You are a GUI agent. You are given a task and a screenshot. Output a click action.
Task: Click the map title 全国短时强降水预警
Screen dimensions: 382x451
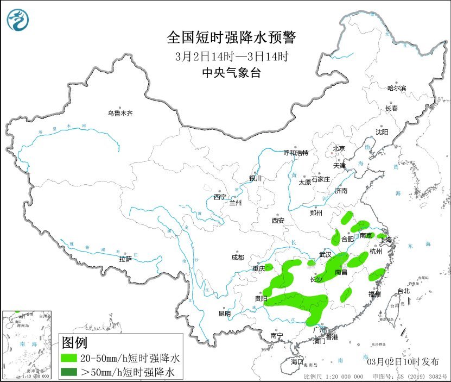(x=232, y=37)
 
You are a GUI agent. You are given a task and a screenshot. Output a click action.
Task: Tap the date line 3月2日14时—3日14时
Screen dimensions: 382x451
(x=232, y=56)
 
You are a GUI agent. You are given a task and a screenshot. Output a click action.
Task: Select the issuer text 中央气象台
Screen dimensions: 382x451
(x=232, y=73)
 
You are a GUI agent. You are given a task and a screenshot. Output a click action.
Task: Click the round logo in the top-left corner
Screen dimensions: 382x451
(x=18, y=20)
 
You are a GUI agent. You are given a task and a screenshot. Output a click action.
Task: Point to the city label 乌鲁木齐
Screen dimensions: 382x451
(x=119, y=114)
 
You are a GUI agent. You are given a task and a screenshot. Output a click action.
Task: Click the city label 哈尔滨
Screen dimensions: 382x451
(x=397, y=88)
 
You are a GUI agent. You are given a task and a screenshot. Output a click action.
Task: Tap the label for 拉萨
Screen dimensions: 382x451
(x=125, y=259)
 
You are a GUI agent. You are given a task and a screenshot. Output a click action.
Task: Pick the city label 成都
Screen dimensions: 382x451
(x=237, y=258)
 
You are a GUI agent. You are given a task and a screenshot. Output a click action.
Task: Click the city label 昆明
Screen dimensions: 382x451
(x=224, y=314)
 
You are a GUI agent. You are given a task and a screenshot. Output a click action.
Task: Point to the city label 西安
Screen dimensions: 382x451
(x=278, y=221)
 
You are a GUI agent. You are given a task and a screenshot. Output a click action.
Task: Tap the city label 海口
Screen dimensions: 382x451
(x=296, y=361)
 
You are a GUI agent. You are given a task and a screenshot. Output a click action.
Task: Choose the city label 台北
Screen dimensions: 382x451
(x=403, y=291)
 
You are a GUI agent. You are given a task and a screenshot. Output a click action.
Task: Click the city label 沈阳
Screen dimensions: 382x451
(x=382, y=132)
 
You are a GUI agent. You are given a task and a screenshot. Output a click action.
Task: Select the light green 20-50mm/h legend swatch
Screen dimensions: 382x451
(x=69, y=359)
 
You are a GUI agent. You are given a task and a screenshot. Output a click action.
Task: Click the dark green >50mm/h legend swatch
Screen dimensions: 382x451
(x=69, y=372)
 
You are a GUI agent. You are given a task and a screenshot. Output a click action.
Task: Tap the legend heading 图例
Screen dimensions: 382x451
(x=75, y=343)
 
